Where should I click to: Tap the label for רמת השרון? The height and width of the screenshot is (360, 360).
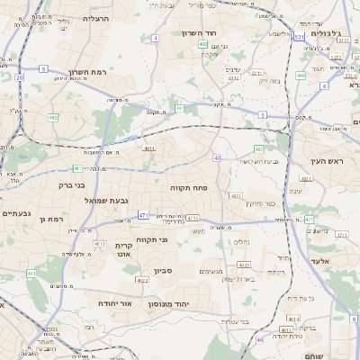(87, 71)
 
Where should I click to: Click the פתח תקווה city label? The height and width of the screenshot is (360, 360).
(188, 187)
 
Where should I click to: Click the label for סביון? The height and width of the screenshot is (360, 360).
(163, 268)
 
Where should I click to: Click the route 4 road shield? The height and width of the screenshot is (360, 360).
(155, 38)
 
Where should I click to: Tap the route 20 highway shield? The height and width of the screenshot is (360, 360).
(19, 77)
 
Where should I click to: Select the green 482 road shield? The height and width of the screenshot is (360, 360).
(53, 117)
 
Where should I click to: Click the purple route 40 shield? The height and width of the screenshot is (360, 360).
(217, 157)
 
